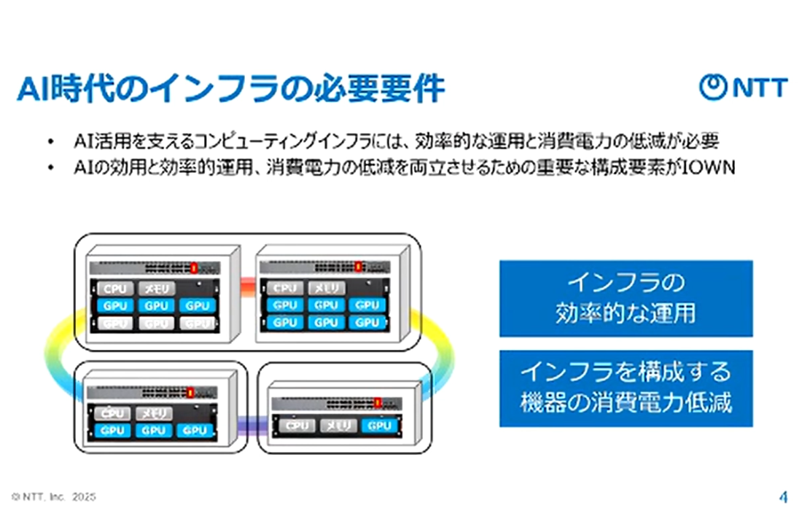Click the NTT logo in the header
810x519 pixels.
(743, 87)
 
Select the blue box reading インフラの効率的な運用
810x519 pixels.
(626, 298)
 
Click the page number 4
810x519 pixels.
(783, 496)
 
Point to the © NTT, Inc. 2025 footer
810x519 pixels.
(54, 496)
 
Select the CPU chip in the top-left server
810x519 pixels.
(115, 289)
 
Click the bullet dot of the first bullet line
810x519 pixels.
(50, 138)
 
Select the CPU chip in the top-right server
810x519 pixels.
(285, 289)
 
